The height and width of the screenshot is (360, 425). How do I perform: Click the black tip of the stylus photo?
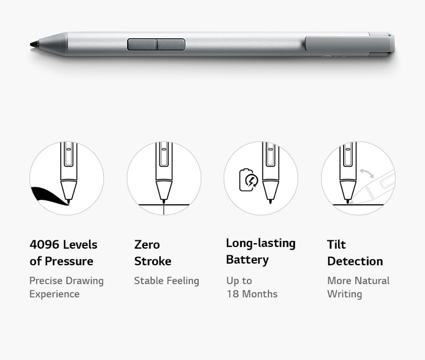tap(34, 44)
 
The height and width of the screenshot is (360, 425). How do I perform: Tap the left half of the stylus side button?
tap(142, 44)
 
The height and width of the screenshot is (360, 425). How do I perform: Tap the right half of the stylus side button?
tap(171, 44)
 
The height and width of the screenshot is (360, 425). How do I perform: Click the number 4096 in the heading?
tap(44, 245)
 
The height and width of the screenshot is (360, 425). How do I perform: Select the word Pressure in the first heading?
tap(69, 261)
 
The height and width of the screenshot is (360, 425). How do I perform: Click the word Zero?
tap(147, 245)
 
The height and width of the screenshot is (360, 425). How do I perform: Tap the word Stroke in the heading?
tap(153, 261)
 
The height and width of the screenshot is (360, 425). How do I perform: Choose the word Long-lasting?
tap(261, 243)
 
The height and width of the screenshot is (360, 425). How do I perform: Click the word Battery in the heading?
tap(247, 260)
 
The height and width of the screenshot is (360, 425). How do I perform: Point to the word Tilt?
tap(336, 245)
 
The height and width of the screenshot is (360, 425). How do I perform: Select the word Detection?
tap(355, 261)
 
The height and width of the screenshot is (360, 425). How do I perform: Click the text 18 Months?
tap(252, 294)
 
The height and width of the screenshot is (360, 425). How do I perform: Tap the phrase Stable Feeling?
tap(167, 281)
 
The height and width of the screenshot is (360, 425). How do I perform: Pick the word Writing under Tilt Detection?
tap(345, 294)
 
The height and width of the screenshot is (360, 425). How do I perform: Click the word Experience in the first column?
tap(54, 294)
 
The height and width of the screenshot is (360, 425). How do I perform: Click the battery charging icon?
tap(248, 180)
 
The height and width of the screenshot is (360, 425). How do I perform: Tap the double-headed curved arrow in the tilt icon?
tap(367, 173)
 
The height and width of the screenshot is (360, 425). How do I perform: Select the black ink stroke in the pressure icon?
tap(49, 196)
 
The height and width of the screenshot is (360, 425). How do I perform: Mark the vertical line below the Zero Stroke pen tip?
tap(164, 209)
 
